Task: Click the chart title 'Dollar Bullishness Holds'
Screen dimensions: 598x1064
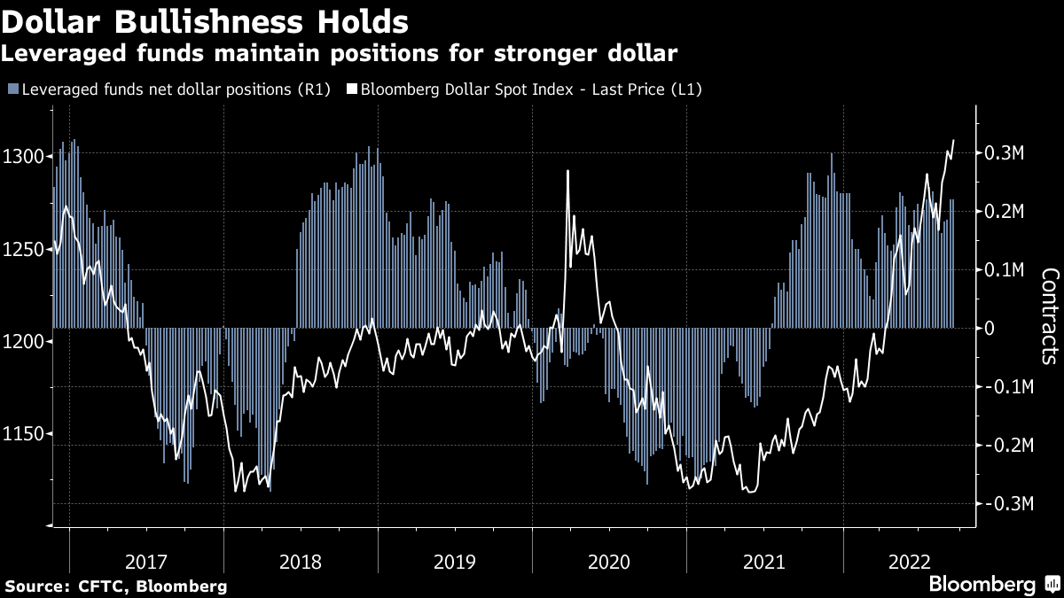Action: coord(205,20)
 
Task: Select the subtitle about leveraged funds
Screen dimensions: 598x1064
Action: coord(340,54)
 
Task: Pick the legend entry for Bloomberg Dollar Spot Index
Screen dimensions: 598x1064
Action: coord(533,89)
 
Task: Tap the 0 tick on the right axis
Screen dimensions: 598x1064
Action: coord(990,329)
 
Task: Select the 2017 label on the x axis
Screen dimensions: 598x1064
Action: coord(146,562)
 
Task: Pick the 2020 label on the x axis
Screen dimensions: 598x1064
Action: coord(609,562)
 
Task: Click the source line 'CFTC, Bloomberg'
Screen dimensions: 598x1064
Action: coord(116,586)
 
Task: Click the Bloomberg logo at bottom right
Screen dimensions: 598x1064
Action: coord(993,584)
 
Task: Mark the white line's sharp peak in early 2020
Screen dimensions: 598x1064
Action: coord(567,171)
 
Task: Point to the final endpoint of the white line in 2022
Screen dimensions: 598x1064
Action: coord(954,140)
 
